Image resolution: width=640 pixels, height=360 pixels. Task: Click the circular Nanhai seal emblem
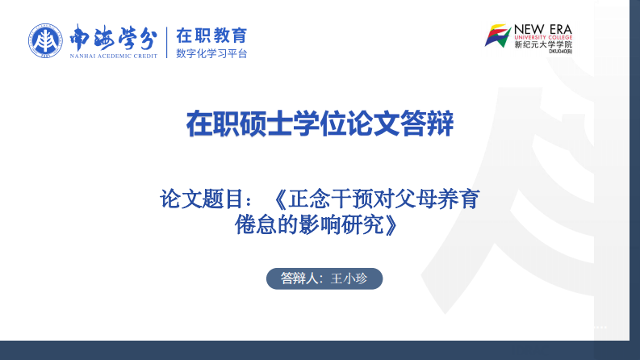tap(46, 41)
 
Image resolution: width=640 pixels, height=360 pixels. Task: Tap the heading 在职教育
tap(211, 36)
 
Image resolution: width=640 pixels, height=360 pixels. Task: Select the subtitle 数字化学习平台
tap(211, 54)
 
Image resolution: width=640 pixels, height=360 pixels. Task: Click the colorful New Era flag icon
tap(498, 36)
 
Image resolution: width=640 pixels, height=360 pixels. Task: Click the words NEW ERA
tap(542, 28)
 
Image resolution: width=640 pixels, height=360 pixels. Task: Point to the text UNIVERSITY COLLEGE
tap(542, 37)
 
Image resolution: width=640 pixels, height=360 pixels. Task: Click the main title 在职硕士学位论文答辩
tap(320, 125)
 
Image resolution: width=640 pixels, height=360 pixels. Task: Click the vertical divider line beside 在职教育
tap(166, 43)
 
